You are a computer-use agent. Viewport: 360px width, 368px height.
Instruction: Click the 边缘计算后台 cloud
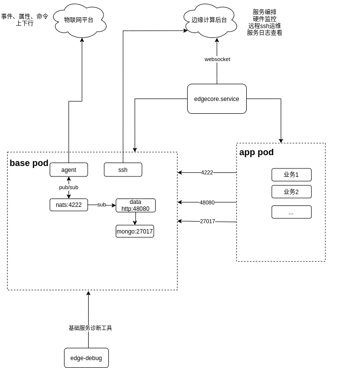pyautogui.click(x=210, y=20)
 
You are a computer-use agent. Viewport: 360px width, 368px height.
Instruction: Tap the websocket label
pyautogui.click(x=217, y=59)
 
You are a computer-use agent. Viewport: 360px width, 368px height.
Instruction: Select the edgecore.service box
pyautogui.click(x=217, y=99)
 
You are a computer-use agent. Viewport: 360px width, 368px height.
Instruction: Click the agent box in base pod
pyautogui.click(x=68, y=170)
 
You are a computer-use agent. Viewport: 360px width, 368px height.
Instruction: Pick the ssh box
pyautogui.click(x=123, y=170)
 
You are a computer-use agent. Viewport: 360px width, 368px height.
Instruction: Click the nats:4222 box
pyautogui.click(x=68, y=205)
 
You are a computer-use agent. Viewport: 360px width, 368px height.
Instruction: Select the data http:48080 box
pyautogui.click(x=135, y=205)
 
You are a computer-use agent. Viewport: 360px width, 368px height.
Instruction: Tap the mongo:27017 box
pyautogui.click(x=135, y=232)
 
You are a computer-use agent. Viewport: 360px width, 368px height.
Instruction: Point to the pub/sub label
pyautogui.click(x=68, y=187)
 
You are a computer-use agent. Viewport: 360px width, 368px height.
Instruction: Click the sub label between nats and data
pyautogui.click(x=101, y=204)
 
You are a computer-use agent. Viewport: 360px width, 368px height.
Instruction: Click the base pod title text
pyautogui.click(x=29, y=163)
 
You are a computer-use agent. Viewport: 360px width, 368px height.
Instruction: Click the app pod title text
pyautogui.click(x=257, y=152)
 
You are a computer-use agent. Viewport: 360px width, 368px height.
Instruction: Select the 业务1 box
pyautogui.click(x=292, y=175)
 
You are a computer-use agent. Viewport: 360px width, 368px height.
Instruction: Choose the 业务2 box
pyautogui.click(x=292, y=192)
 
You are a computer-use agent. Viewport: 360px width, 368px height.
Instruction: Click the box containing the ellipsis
pyautogui.click(x=292, y=212)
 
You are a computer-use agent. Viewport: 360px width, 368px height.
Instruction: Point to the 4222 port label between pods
pyautogui.click(x=207, y=172)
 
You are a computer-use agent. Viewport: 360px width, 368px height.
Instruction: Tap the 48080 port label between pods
pyautogui.click(x=207, y=202)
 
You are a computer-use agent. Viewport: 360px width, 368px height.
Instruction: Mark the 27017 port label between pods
pyautogui.click(x=207, y=221)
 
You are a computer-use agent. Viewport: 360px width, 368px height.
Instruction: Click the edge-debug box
pyautogui.click(x=86, y=358)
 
